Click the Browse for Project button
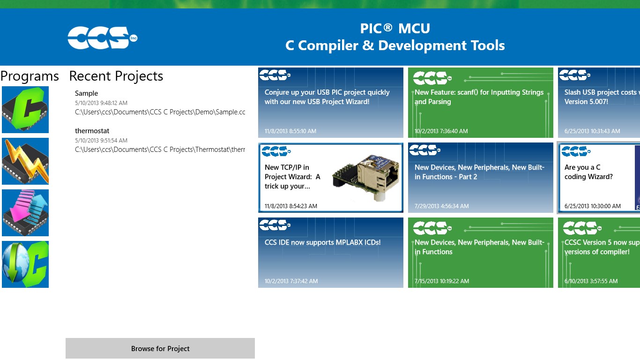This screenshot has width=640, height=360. click(x=160, y=348)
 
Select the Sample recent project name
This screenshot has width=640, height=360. click(x=86, y=93)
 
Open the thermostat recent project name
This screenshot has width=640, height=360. click(x=92, y=131)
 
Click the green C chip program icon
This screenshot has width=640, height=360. click(x=25, y=110)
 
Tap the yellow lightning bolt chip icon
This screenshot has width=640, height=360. click(x=25, y=161)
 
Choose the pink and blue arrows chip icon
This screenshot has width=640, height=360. click(x=25, y=212)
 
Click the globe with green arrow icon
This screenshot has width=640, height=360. click(x=25, y=264)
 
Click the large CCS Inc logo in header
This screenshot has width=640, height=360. click(x=102, y=37)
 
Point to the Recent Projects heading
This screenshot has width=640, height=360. click(x=116, y=76)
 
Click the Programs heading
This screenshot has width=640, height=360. click(x=30, y=76)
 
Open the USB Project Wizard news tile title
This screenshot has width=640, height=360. click(x=327, y=97)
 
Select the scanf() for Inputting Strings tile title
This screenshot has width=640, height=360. click(x=479, y=97)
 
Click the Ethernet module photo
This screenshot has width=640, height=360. click(x=366, y=177)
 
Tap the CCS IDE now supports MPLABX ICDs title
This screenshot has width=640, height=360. click(x=322, y=242)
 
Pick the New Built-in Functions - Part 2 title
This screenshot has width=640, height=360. click(x=479, y=172)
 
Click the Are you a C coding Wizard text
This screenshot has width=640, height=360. click(x=588, y=172)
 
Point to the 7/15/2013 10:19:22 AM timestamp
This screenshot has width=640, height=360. click(x=442, y=281)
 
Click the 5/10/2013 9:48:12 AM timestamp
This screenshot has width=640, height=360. click(x=101, y=103)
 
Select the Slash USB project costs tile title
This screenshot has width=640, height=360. click(x=602, y=97)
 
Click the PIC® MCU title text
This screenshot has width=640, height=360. click(x=395, y=28)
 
